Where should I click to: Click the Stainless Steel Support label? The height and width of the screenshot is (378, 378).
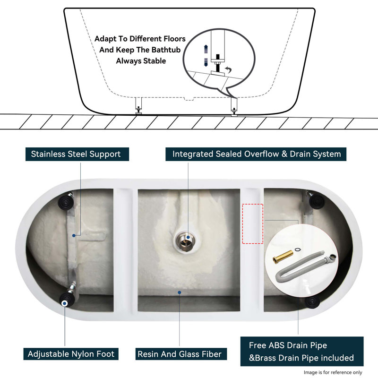point(76,154)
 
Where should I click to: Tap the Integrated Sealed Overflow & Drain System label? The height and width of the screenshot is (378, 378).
point(256,154)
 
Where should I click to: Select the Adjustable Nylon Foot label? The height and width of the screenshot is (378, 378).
point(71,353)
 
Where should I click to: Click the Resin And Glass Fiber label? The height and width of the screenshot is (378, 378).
point(179,353)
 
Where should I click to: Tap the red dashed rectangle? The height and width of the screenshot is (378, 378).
point(252,224)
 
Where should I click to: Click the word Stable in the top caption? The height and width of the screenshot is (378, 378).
point(154,60)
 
